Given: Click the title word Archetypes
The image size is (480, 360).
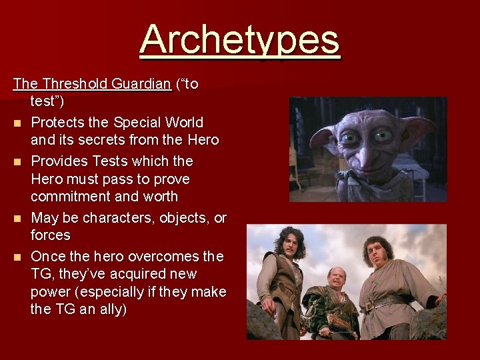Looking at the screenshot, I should pos(240,39).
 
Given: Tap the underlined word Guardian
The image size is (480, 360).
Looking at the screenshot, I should pos(141,84).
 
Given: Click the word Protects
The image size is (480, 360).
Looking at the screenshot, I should pos(61,123).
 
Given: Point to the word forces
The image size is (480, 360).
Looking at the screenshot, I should pos(50,235).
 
